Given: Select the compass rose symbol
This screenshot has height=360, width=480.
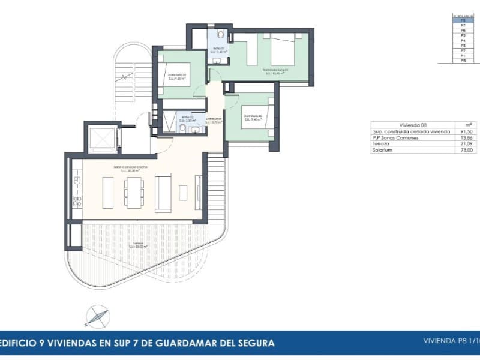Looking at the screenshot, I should pyautogui.click(x=97, y=315).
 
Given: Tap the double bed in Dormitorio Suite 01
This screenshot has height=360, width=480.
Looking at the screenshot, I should pyautogui.click(x=283, y=49).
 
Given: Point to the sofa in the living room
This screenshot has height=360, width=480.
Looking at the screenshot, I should pyautogui.click(x=163, y=192).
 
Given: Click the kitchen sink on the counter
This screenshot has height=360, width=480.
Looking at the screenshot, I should pyautogui.click(x=77, y=179).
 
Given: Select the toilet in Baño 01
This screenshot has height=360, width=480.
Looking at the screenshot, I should pyautogui.click(x=221, y=34).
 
